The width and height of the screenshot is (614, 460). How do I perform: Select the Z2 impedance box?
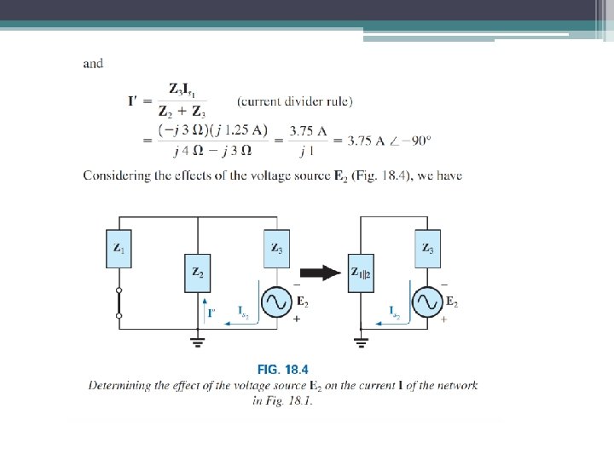197,273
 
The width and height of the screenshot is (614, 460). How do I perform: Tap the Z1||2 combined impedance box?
361,273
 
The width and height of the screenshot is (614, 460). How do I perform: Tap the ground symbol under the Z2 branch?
197,342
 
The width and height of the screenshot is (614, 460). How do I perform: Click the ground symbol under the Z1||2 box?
361,342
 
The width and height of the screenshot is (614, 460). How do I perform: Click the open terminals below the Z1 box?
119,303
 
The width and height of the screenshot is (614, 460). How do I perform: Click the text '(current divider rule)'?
295,101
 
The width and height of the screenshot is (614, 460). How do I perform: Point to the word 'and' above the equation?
93,63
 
